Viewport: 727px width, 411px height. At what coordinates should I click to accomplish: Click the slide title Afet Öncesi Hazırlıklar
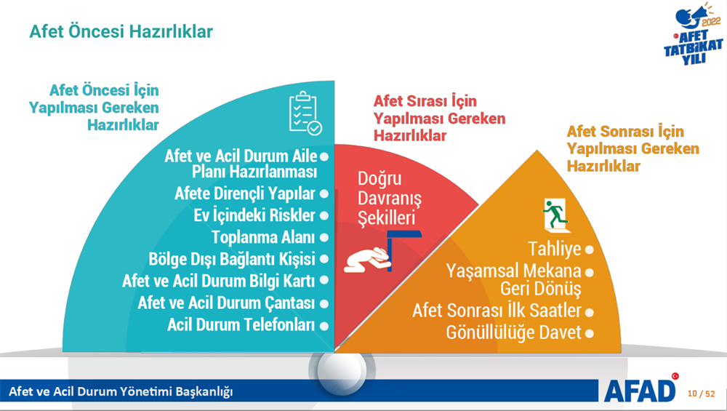(121, 31)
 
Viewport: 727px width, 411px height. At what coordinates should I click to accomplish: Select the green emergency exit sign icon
(555, 215)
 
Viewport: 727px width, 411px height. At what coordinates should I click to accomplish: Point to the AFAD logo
(640, 389)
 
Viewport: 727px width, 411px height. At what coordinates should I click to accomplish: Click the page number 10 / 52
(701, 394)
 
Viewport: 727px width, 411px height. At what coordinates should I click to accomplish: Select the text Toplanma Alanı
(263, 238)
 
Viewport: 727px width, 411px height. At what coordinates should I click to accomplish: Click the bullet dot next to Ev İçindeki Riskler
(324, 216)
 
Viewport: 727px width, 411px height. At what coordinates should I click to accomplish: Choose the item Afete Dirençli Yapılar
(245, 193)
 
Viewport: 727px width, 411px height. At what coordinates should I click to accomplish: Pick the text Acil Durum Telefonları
(241, 324)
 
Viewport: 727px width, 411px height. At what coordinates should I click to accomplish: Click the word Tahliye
(555, 249)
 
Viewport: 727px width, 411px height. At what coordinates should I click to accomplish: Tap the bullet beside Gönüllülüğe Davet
(590, 333)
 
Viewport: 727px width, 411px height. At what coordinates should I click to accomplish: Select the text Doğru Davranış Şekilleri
(390, 198)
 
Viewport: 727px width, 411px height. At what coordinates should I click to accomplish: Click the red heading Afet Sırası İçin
(425, 100)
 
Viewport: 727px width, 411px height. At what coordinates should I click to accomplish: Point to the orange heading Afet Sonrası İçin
(625, 131)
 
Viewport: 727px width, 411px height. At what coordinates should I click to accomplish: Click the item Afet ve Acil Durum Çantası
(226, 303)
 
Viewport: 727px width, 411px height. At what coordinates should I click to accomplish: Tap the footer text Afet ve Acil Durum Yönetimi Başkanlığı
(121, 391)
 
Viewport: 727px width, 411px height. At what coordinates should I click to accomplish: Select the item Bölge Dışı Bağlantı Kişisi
(232, 259)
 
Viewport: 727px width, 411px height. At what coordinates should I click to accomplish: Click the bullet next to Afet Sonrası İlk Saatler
(590, 313)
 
